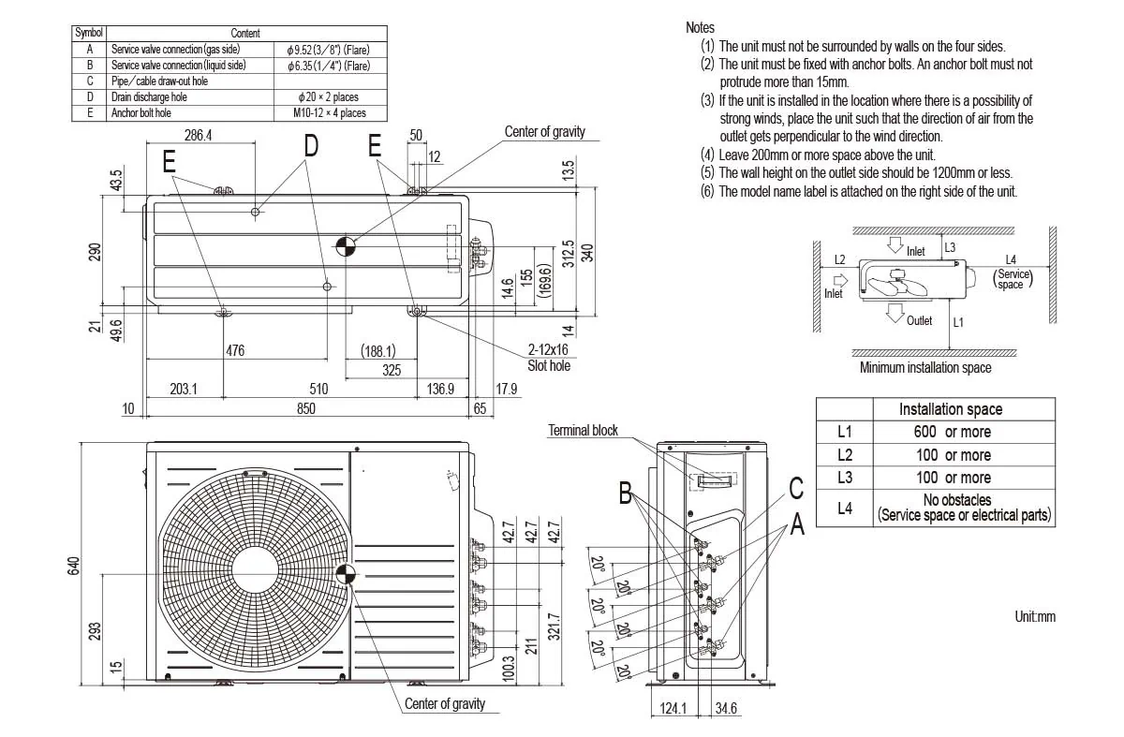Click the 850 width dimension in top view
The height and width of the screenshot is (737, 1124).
(306, 409)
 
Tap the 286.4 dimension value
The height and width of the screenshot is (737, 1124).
(198, 135)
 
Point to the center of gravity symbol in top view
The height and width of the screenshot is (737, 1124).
(346, 245)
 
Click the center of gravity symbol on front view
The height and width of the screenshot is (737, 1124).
(346, 575)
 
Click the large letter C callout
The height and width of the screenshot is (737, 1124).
(796, 488)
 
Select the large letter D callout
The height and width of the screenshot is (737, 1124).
(311, 146)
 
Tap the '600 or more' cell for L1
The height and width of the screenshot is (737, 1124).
(952, 432)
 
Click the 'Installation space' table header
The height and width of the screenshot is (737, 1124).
(950, 409)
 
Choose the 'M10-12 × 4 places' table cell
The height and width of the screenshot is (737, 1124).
(328, 112)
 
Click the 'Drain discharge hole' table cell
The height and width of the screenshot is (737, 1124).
(149, 96)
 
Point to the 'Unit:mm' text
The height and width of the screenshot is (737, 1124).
(1034, 616)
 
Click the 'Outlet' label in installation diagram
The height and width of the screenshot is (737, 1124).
(919, 320)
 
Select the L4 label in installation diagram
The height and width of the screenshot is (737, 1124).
(1011, 259)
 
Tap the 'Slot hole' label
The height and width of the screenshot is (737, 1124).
(549, 365)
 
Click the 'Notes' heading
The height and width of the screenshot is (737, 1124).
(700, 28)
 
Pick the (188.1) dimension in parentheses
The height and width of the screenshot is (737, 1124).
(378, 351)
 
